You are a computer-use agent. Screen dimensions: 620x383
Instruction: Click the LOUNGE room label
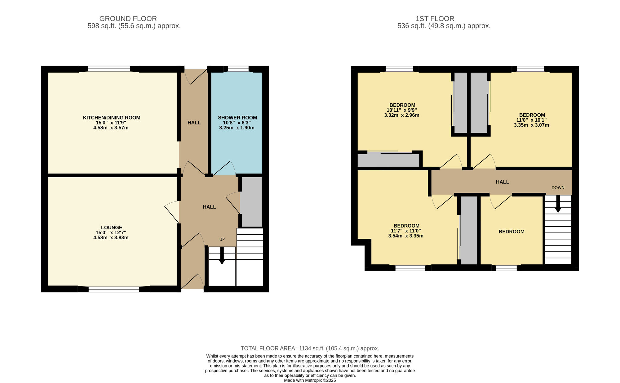pyautogui.click(x=112, y=228)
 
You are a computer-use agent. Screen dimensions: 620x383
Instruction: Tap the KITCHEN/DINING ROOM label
pyautogui.click(x=112, y=118)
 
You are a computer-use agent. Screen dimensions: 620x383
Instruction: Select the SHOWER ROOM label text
pyautogui.click(x=237, y=118)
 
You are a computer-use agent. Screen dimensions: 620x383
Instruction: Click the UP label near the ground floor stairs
pyautogui.click(x=222, y=240)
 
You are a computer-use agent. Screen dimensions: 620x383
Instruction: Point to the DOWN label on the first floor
pyautogui.click(x=558, y=188)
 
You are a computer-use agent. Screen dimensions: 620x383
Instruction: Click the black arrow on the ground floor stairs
pyautogui.click(x=222, y=255)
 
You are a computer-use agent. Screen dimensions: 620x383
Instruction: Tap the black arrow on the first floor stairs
pyautogui.click(x=558, y=204)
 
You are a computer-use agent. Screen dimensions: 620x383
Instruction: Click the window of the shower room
pyautogui.click(x=238, y=69)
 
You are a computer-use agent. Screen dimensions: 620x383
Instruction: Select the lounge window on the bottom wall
pyautogui.click(x=114, y=289)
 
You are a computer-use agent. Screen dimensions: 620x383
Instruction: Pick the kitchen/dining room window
pyautogui.click(x=109, y=69)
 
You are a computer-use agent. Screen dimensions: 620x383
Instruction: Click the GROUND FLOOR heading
pyautogui.click(x=128, y=19)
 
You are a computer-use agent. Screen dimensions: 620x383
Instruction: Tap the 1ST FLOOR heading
pyautogui.click(x=435, y=19)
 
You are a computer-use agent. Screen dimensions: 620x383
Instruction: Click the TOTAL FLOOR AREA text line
pyautogui.click(x=310, y=349)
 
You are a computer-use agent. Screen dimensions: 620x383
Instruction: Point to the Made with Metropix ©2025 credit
pyautogui.click(x=310, y=380)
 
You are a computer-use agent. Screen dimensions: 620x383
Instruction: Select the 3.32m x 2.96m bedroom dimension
pyautogui.click(x=402, y=115)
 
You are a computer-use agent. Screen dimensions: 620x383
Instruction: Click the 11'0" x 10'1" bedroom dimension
pyautogui.click(x=531, y=120)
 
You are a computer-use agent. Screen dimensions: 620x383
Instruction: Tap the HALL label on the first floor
pyautogui.click(x=503, y=182)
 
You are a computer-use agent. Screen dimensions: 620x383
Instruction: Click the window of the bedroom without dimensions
pyautogui.click(x=506, y=268)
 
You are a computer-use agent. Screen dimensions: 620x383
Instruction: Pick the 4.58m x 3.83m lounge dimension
pyautogui.click(x=111, y=238)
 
